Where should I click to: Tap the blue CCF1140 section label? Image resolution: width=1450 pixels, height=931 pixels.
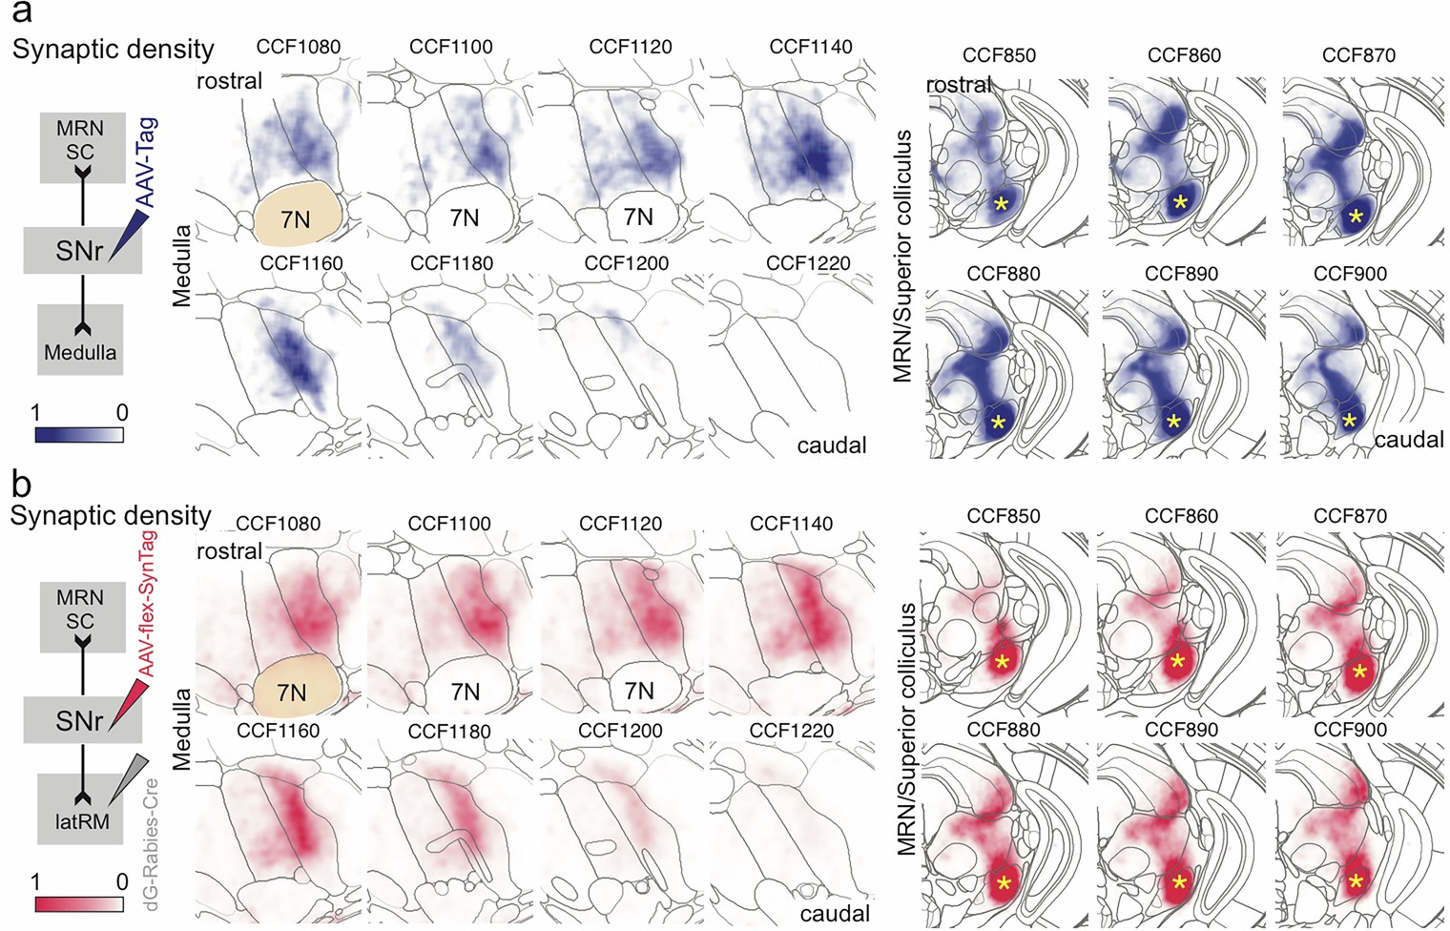810,47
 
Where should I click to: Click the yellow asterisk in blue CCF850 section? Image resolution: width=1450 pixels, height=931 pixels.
1000,203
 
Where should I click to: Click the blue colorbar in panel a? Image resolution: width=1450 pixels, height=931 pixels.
78,435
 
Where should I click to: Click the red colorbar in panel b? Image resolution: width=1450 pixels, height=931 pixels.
78,903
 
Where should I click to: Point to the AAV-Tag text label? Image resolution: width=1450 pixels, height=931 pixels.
146,162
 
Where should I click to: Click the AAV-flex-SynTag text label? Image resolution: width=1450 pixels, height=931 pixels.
146,604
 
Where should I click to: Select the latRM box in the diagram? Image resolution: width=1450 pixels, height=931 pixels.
80,809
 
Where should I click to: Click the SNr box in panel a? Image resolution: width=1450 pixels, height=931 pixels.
80,250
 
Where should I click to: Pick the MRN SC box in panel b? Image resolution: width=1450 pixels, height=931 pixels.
80,610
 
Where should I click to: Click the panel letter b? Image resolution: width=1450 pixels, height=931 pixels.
21,485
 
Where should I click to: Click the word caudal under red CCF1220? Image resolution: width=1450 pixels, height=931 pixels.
835,913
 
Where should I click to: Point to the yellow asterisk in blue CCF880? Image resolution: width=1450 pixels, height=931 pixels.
998,422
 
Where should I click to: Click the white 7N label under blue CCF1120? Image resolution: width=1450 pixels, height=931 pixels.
638,217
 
